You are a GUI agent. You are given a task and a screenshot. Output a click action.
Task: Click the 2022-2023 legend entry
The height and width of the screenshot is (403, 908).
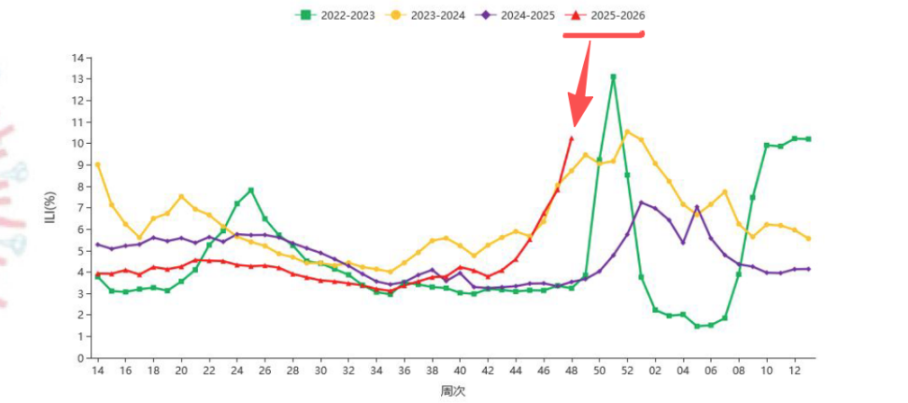[336, 14]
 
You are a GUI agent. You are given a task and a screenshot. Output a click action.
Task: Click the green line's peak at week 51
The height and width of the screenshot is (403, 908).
[613, 77]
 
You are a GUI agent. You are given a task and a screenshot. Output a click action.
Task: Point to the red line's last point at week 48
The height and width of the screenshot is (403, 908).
[571, 139]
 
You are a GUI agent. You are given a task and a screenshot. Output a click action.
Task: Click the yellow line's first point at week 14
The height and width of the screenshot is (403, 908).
[97, 165]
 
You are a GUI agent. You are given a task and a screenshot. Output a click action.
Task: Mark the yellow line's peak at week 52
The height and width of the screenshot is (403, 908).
[627, 132]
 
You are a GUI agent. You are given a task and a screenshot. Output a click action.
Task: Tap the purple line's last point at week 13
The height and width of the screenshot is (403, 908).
[808, 269]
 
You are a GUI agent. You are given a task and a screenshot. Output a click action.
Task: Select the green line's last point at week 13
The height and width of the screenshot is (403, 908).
[808, 139]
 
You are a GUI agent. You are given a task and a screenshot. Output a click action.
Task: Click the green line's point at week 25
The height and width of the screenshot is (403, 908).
[250, 191]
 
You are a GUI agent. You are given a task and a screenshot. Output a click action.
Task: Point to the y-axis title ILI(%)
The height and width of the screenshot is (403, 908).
[51, 208]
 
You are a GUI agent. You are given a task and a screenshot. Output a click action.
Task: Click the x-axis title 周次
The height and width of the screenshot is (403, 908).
[453, 391]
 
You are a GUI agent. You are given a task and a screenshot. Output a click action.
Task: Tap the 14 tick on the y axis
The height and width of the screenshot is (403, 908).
[78, 58]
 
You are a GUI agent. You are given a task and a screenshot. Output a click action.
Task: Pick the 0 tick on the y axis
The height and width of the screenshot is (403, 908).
[81, 358]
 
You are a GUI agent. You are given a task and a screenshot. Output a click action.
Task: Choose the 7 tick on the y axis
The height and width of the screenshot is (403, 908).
[81, 208]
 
